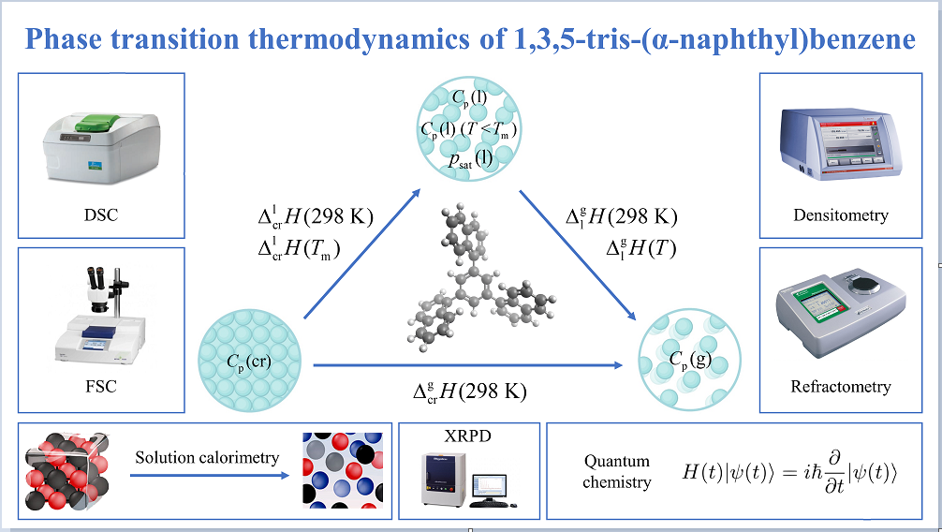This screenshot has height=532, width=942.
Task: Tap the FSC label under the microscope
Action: [x=100, y=386]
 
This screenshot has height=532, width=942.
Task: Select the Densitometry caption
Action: [x=840, y=215]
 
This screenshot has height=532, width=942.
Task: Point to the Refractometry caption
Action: [x=840, y=386]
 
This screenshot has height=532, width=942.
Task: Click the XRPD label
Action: [x=468, y=437]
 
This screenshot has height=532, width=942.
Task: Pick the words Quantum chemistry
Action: [x=616, y=472]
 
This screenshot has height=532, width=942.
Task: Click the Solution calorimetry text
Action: [x=207, y=458]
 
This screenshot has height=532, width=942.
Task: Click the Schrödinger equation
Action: [x=790, y=472]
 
